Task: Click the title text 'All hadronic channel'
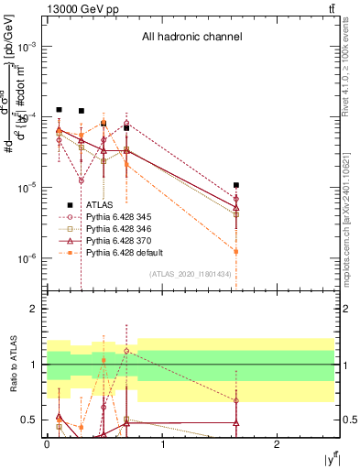(x=191, y=38)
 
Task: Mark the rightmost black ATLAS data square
(x=236, y=185)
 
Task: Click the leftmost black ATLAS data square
(x=59, y=110)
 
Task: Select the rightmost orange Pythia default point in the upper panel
(x=236, y=251)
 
